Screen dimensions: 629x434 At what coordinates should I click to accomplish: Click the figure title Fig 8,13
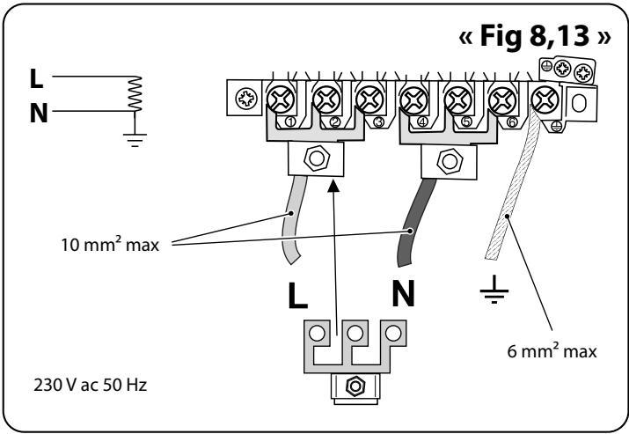point(535,36)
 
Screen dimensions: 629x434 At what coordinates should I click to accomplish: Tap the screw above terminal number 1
point(281,99)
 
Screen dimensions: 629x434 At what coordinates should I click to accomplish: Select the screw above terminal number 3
point(369,99)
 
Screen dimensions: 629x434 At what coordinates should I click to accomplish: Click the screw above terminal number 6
point(501,99)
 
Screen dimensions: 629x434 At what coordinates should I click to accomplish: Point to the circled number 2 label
point(336,122)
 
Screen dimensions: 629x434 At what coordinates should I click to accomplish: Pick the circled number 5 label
point(466,121)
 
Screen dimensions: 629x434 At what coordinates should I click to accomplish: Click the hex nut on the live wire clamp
point(317,158)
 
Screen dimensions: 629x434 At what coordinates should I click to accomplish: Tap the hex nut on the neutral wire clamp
point(450,161)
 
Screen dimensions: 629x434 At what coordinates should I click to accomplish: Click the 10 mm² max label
point(110,244)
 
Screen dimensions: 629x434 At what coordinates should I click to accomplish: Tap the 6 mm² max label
point(552,351)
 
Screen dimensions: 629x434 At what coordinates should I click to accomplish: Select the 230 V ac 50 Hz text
point(91,385)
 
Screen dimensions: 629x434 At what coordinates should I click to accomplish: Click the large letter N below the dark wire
point(403,294)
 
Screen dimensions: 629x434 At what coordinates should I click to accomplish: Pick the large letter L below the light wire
point(297,296)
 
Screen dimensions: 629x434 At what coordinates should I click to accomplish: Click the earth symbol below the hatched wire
point(494,289)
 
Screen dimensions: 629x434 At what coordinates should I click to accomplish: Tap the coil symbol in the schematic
point(135,94)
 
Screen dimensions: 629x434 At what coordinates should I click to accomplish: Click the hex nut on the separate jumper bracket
point(355,386)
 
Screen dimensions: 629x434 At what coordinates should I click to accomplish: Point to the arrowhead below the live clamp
point(333,187)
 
